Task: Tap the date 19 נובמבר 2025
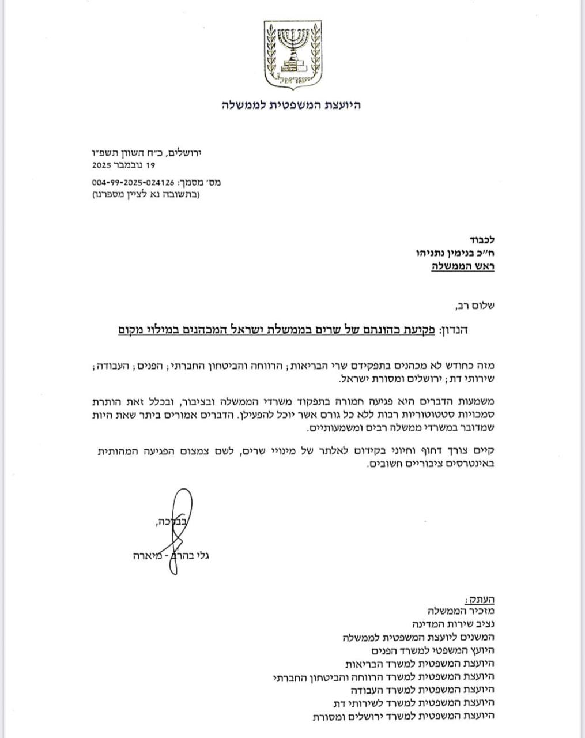click(x=124, y=165)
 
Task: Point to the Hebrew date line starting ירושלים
click(x=157, y=153)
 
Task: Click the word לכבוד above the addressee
click(x=481, y=239)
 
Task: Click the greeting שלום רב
click(x=475, y=306)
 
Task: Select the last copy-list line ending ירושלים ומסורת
click(x=403, y=716)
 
